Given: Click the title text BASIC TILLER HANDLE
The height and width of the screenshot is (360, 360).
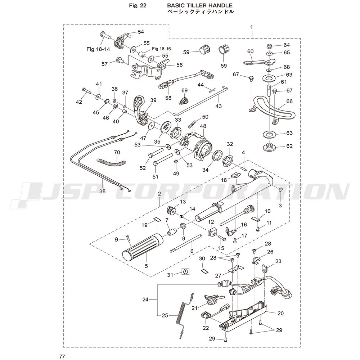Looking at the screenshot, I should (200, 5).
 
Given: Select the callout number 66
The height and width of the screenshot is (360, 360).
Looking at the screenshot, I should (290, 101).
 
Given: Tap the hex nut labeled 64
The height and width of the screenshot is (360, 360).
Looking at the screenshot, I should (269, 46).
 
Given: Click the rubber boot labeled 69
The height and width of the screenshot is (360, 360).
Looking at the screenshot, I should (184, 100).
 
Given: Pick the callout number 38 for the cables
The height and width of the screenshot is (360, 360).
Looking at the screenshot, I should (103, 191).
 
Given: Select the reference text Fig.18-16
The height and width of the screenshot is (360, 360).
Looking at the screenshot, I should (161, 49).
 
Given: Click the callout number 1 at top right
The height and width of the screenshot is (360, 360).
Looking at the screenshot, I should (251, 27).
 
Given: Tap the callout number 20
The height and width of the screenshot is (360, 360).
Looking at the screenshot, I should (280, 313).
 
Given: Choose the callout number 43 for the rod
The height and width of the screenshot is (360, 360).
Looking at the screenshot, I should (219, 106).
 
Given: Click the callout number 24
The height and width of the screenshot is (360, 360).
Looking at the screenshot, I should (145, 299).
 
